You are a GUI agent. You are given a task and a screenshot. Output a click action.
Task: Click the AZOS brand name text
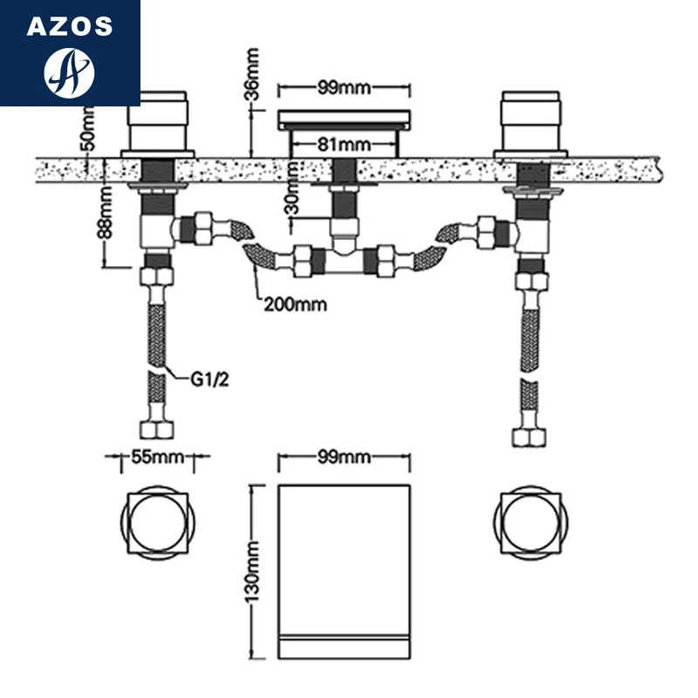point(70,26)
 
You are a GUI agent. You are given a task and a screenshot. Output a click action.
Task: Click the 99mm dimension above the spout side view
point(342,87)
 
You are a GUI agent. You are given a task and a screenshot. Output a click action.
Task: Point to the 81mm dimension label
point(342,142)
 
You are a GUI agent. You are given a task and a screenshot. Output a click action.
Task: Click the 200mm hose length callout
point(295,305)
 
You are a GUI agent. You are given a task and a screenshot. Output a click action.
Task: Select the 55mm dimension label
point(158,455)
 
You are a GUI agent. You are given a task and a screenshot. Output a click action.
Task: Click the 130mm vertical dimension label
point(253,571)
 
